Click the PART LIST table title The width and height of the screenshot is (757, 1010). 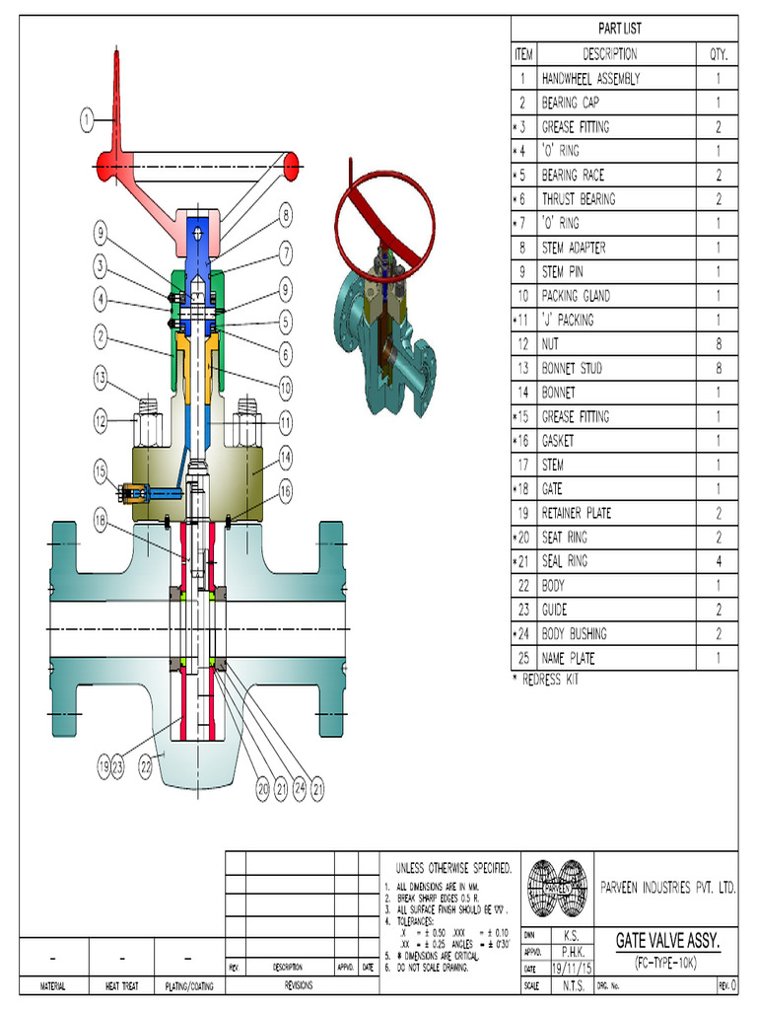click(x=619, y=29)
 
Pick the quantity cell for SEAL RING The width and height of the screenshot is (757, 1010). click(x=718, y=561)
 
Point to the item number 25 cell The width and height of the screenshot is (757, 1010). click(x=522, y=658)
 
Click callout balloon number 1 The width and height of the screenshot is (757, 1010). click(x=88, y=120)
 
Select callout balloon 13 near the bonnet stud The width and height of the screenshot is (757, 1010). click(x=101, y=376)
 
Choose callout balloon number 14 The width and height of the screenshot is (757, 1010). click(x=285, y=457)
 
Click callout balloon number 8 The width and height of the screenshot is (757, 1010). click(x=285, y=215)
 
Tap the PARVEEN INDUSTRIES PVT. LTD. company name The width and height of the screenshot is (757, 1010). click(x=667, y=888)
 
